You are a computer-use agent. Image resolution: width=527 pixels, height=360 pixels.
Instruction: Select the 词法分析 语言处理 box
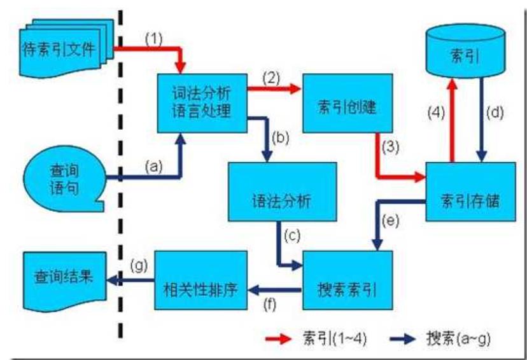coord(202,103)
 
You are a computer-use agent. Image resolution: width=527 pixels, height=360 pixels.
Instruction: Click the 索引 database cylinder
coord(468,56)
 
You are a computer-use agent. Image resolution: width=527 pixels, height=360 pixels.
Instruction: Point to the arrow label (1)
coord(154,38)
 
